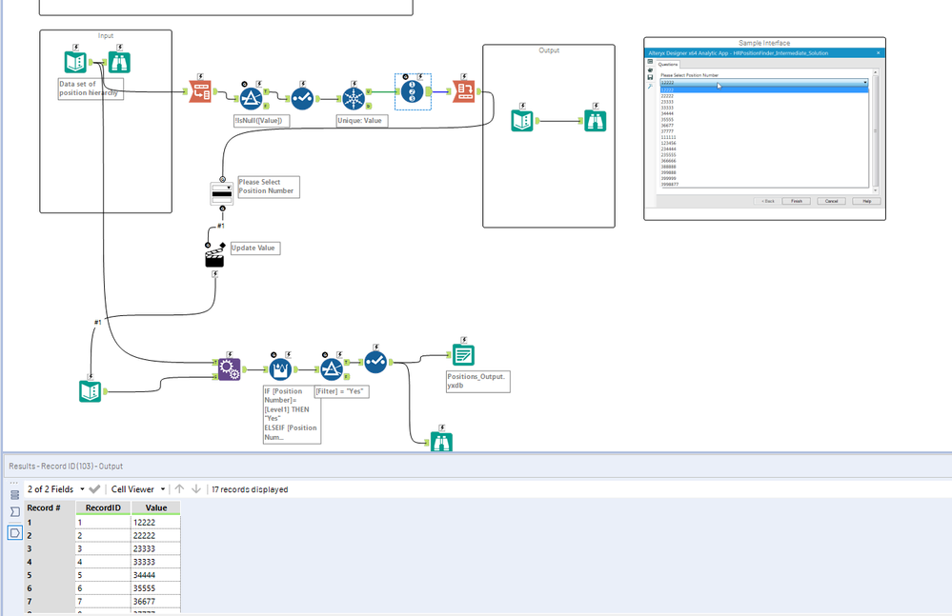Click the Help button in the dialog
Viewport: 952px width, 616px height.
(x=865, y=201)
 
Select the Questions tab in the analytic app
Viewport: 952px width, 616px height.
(x=669, y=65)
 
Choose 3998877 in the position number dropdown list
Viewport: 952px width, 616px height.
(x=670, y=184)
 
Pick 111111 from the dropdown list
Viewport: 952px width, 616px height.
(x=668, y=137)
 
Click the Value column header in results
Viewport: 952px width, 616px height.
(x=155, y=507)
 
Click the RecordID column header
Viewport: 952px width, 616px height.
(x=102, y=507)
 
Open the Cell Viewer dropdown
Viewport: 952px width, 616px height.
(x=138, y=489)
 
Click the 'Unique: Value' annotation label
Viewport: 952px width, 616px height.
(x=361, y=121)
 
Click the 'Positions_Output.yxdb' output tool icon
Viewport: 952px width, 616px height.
(x=463, y=355)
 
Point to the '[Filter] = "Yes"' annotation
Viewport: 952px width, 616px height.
(x=341, y=391)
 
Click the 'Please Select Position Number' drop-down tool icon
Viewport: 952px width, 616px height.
(x=221, y=192)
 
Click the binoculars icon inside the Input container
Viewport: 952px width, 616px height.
(x=118, y=63)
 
